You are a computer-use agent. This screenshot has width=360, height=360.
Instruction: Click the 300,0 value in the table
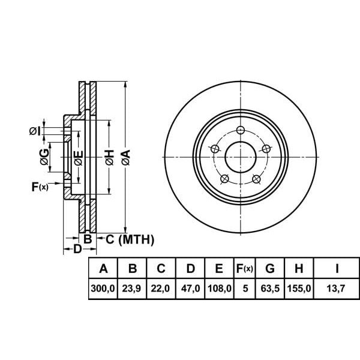103,289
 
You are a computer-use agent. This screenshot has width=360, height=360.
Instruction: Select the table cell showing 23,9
131,289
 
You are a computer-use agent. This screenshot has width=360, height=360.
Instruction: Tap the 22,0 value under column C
160,289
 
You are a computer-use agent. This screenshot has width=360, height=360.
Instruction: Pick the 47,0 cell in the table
190,289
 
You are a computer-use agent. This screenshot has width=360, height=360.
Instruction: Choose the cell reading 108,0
220,289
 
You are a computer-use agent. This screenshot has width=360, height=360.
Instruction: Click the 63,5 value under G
270,289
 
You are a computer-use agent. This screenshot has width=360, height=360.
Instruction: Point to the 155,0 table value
299,289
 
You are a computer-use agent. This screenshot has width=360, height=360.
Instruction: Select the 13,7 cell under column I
336,289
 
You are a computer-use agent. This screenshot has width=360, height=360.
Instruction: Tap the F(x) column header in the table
245,268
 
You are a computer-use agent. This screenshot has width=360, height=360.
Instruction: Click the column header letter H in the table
299,268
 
